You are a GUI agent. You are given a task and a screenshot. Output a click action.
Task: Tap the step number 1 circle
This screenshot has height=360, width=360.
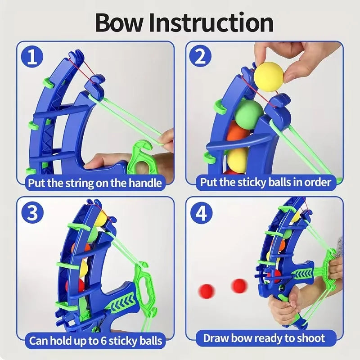click(32, 57)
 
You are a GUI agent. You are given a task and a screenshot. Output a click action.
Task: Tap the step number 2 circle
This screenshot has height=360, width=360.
click(201, 57)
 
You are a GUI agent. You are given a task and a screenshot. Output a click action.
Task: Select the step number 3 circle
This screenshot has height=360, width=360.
click(32, 213)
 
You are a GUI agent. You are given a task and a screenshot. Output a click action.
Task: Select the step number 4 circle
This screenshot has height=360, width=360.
click(201, 213)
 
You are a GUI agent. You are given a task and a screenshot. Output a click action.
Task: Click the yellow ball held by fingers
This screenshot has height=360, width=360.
click(269, 76)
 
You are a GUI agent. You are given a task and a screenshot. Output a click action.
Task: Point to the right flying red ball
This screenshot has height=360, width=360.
click(239, 285)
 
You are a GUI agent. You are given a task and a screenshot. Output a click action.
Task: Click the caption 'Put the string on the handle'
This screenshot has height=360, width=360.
click(94, 183)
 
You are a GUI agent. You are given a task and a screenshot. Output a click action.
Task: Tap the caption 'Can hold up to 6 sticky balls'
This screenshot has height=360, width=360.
click(95, 341)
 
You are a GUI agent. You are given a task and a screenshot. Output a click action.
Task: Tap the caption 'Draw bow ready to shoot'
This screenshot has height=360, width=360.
click(264, 338)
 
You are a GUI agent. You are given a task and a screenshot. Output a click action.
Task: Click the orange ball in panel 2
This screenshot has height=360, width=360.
click(238, 134)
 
